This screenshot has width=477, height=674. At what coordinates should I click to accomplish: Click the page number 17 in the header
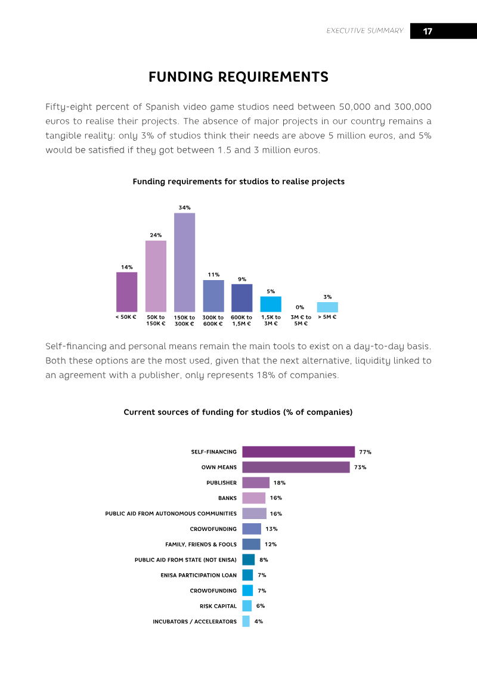click(428, 32)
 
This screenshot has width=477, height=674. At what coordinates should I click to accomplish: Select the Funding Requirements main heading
click(238, 77)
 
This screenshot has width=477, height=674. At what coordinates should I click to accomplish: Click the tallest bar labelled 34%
click(184, 262)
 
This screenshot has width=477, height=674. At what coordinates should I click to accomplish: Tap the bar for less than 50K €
click(127, 292)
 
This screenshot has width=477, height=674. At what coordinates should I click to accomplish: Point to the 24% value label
click(156, 235)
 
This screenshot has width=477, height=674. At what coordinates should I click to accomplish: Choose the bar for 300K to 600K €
click(213, 296)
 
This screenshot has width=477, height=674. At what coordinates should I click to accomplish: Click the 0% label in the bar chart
click(300, 308)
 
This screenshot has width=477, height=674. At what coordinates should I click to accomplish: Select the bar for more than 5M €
click(327, 307)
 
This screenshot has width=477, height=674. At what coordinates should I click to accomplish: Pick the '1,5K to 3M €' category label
click(271, 320)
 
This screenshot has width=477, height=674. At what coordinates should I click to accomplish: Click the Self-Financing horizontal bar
click(299, 452)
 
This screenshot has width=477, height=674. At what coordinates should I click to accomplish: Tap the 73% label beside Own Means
click(361, 467)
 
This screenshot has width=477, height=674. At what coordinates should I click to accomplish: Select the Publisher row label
click(222, 483)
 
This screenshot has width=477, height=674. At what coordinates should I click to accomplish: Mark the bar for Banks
click(254, 498)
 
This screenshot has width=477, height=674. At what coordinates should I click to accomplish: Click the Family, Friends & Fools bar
click(251, 544)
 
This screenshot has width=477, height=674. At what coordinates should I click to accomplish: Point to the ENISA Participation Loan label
click(199, 575)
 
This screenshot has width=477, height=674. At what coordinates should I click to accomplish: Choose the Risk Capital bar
click(247, 605)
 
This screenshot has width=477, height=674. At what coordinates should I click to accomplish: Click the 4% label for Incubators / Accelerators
click(259, 621)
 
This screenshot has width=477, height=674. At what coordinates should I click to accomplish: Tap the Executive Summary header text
click(365, 31)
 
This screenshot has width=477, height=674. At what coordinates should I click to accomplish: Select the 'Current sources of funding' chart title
click(238, 412)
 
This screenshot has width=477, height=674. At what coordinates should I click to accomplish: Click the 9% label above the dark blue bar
click(242, 279)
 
